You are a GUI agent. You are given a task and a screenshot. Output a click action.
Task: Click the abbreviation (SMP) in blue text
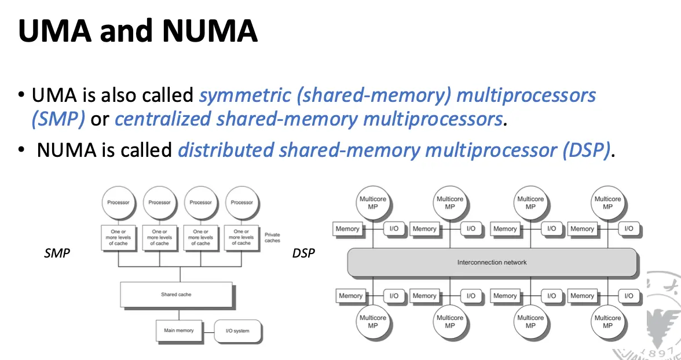pyautogui.click(x=58, y=119)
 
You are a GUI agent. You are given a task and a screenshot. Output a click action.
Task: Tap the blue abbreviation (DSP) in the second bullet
pyautogui.click(x=586, y=150)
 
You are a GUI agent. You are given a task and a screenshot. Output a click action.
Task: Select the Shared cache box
pyautogui.click(x=176, y=295)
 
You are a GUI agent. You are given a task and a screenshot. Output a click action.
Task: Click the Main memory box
pyautogui.click(x=179, y=330)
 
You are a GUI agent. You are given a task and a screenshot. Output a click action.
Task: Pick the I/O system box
pyautogui.click(x=237, y=331)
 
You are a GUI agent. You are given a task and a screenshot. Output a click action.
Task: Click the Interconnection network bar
pyautogui.click(x=492, y=262)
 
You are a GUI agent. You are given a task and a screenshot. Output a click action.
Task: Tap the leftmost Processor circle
pyautogui.click(x=118, y=203)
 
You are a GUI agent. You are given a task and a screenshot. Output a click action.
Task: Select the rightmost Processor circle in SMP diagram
pyautogui.click(x=241, y=203)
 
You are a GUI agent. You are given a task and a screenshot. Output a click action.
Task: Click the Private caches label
pyautogui.click(x=272, y=238)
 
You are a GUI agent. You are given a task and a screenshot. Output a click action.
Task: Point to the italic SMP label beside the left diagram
pyautogui.click(x=57, y=254)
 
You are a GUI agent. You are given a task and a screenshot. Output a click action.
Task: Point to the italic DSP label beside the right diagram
pyautogui.click(x=304, y=254)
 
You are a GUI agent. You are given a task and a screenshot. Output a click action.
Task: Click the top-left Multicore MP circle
pyautogui.click(x=372, y=203)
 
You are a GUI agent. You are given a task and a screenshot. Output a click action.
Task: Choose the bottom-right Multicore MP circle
pyautogui.click(x=607, y=322)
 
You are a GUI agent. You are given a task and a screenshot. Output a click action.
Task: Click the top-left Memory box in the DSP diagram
pyautogui.click(x=347, y=229)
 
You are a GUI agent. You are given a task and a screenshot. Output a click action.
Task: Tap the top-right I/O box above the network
pyautogui.click(x=628, y=229)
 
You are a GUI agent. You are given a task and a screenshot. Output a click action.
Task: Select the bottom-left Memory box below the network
pyautogui.click(x=350, y=296)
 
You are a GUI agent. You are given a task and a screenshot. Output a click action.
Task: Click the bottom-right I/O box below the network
pyautogui.click(x=628, y=296)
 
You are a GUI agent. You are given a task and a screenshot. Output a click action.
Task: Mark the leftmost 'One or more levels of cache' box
pyautogui.click(x=118, y=237)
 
